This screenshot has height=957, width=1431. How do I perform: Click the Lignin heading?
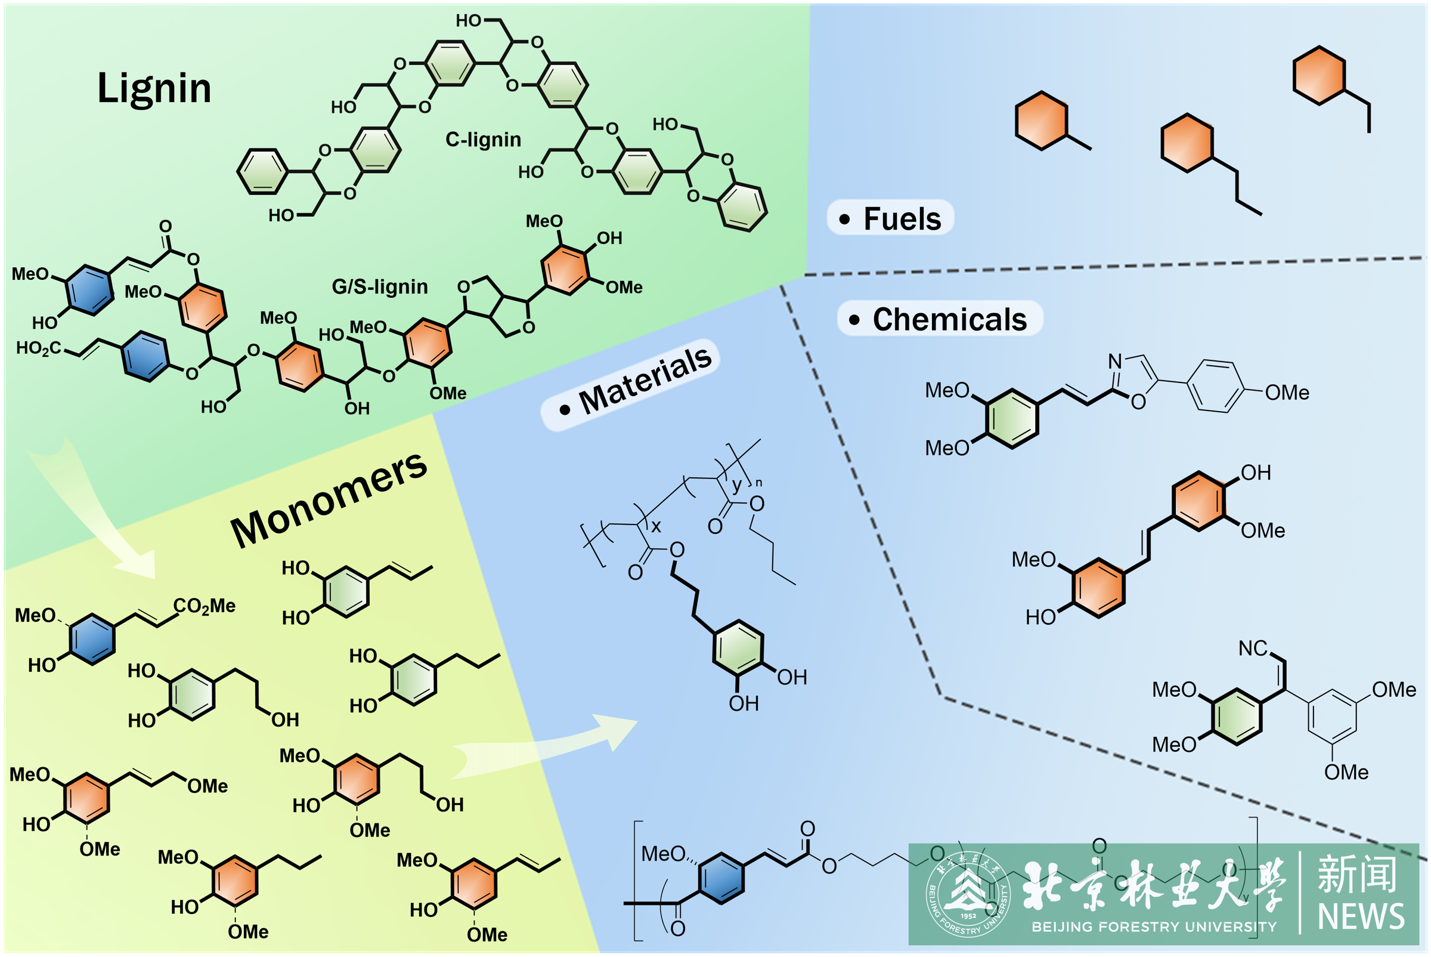[154, 88]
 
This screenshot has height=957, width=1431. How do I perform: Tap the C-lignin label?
[483, 140]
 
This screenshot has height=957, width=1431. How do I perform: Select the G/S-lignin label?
[379, 286]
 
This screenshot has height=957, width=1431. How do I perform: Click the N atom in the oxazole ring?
[1115, 362]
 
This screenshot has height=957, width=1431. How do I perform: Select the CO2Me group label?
[205, 606]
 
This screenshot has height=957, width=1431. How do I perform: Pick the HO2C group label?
[38, 348]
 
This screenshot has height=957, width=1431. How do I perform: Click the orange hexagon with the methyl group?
[1041, 121]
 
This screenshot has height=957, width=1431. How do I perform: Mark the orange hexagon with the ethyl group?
[1319, 76]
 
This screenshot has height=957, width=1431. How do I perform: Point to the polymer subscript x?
[656, 526]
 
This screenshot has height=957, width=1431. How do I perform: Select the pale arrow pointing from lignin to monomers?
[91, 513]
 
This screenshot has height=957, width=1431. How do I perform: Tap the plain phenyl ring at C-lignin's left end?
[262, 172]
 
